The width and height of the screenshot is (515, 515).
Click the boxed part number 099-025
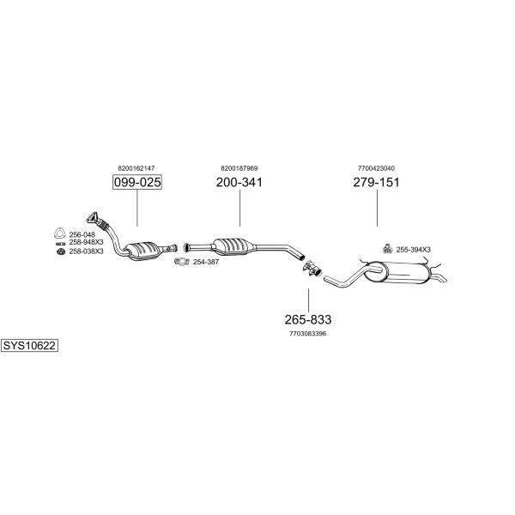[137, 182]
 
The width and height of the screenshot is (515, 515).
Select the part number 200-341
[239, 182]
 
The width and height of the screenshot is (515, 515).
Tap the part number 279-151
[377, 182]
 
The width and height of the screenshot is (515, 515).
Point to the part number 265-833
[308, 319]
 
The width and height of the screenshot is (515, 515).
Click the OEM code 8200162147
[136, 168]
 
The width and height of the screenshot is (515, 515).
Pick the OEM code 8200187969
[239, 168]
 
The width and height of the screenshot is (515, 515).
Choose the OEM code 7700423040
[377, 168]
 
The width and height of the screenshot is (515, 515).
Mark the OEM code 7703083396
[308, 334]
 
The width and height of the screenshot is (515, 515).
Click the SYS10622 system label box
[29, 346]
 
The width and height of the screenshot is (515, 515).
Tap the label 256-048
[82, 235]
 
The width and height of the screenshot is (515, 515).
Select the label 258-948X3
[86, 242]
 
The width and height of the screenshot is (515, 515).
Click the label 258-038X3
[86, 251]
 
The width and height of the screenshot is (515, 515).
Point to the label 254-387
[206, 262]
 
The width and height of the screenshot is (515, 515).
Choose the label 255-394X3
[413, 250]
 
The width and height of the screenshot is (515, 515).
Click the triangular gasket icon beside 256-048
[59, 233]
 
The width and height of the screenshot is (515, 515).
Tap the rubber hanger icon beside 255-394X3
[388, 249]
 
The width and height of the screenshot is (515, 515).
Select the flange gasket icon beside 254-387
[182, 262]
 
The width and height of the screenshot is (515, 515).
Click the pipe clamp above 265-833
[312, 268]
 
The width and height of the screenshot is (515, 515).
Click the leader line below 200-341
[239, 208]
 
